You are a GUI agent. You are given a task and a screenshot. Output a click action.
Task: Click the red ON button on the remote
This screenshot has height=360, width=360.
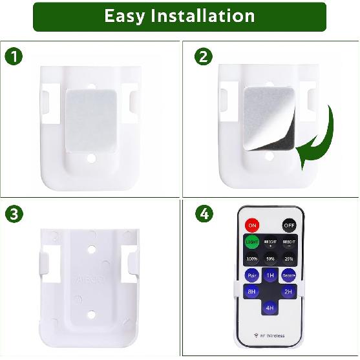[x=251, y=226]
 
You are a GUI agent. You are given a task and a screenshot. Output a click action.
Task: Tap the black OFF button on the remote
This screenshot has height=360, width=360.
[x=289, y=226]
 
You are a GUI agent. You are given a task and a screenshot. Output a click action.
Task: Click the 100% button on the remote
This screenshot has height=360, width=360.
[x=251, y=259]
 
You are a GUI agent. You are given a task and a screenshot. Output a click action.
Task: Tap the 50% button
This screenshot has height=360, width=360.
[x=270, y=259]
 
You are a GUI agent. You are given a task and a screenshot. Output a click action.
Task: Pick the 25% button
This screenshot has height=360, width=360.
[x=289, y=259]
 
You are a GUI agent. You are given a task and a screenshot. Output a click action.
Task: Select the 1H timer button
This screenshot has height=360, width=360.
[x=270, y=275]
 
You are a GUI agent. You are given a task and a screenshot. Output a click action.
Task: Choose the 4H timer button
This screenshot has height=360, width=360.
[x=270, y=308]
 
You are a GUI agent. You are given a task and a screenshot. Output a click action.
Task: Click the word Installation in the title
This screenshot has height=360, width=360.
[x=202, y=16]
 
